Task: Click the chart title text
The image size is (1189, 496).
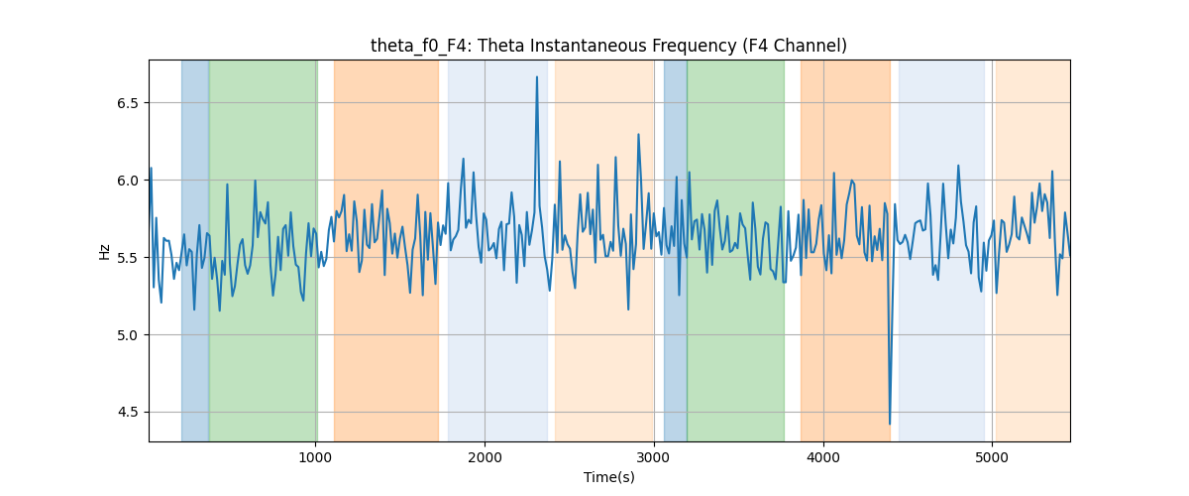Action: (608, 46)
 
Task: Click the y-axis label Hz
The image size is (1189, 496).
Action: (105, 252)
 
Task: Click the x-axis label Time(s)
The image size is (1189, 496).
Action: (608, 477)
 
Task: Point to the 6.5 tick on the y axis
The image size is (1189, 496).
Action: (128, 103)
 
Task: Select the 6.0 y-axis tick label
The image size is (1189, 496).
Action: (128, 181)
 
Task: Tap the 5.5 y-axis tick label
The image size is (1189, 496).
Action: (128, 258)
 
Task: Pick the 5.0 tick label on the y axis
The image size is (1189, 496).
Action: (128, 335)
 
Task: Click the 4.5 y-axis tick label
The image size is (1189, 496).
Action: (128, 413)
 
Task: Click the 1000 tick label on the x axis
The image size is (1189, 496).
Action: (315, 457)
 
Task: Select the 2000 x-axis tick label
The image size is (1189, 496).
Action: (485, 457)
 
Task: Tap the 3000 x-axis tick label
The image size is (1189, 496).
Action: (654, 457)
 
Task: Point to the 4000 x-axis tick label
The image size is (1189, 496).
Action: (823, 457)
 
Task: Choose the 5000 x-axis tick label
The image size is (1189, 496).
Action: (992, 457)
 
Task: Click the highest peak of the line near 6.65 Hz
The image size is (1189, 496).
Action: (537, 77)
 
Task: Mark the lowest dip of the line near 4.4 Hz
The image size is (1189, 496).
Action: (890, 424)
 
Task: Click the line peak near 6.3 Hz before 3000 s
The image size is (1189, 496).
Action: (638, 135)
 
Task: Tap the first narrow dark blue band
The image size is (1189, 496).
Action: (195, 250)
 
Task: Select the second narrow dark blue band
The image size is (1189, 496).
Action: (676, 250)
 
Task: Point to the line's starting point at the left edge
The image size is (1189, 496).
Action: (151, 169)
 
